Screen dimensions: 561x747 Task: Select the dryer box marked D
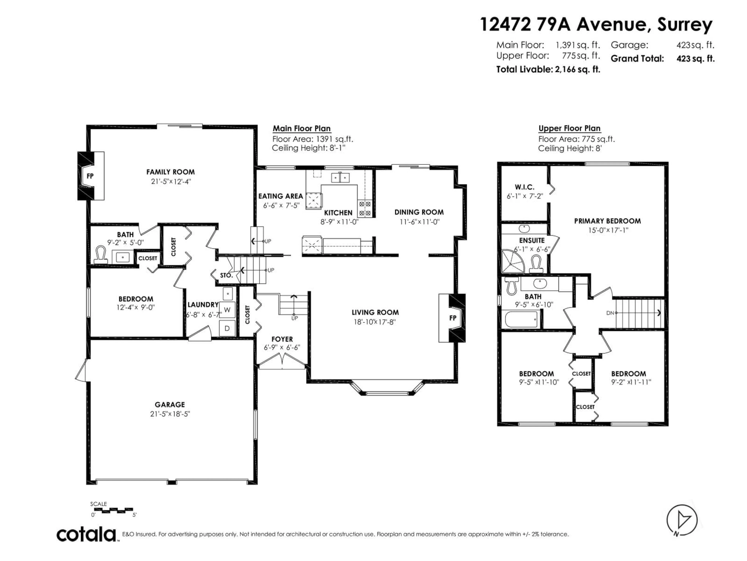click(x=227, y=328)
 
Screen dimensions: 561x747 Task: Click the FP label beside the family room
click(x=90, y=176)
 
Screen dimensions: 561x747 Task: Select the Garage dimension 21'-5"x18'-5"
click(x=170, y=414)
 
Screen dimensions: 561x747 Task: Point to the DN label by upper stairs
click(x=610, y=313)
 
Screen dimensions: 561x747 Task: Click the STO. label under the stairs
click(x=226, y=275)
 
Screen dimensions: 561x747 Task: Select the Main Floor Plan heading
click(x=302, y=129)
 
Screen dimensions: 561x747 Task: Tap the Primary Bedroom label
click(x=607, y=221)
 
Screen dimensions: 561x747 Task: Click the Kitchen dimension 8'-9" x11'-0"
click(x=339, y=222)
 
